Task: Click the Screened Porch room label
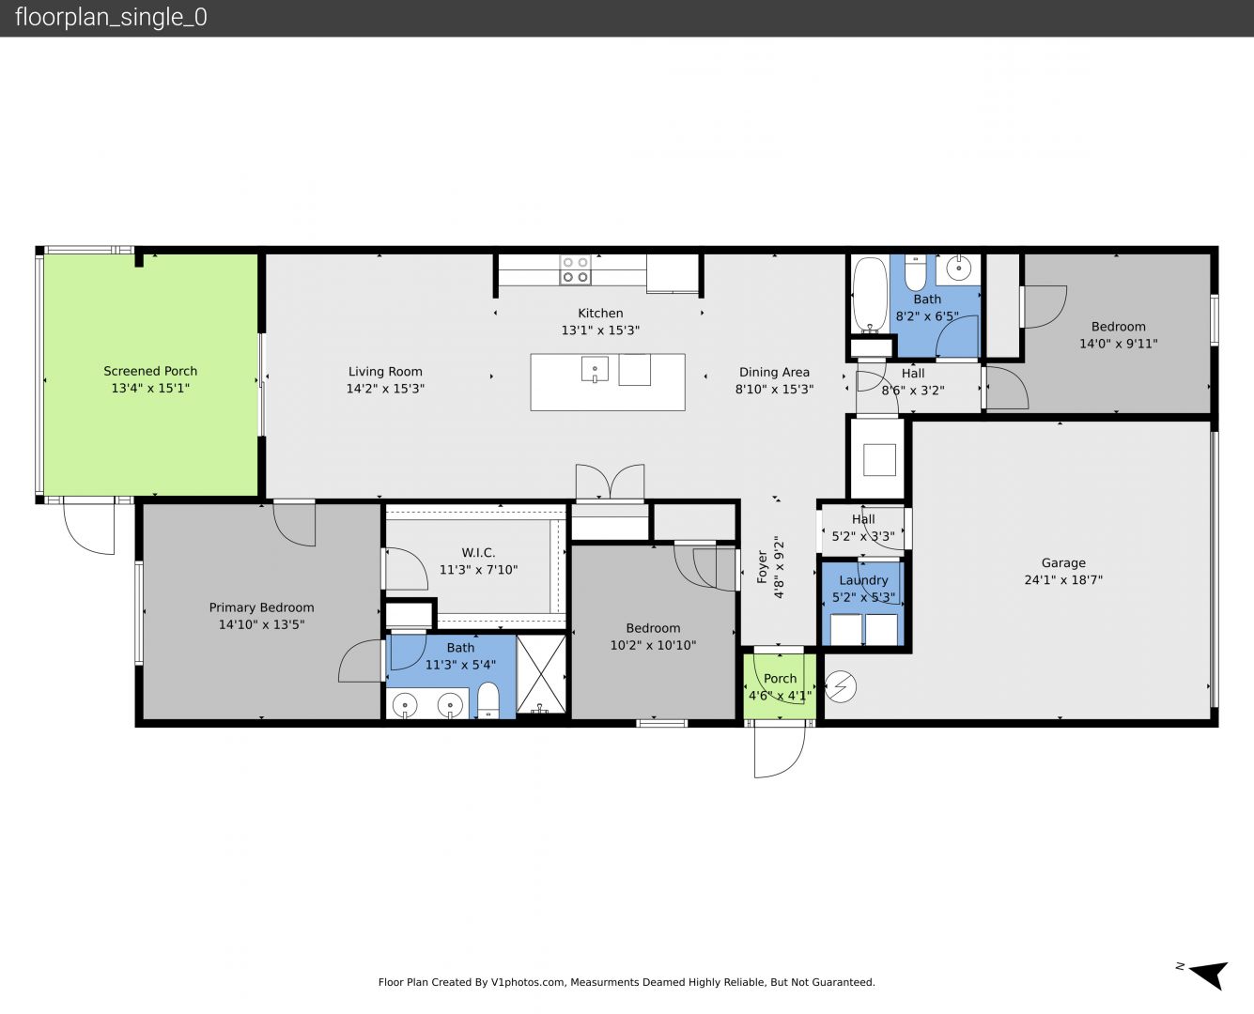coord(150,372)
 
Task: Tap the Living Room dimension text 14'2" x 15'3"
coord(385,389)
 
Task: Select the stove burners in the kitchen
coord(575,269)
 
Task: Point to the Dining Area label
coord(774,372)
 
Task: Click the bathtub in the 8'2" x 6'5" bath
coord(870,293)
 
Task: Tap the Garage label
coord(1063,563)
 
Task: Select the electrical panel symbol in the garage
coord(840,686)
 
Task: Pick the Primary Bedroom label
coord(261,607)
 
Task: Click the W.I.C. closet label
coord(478,553)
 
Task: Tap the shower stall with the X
coord(541,674)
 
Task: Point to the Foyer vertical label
coord(763,567)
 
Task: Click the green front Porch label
coord(780,679)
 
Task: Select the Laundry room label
coord(863,580)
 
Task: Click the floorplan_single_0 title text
coord(111,18)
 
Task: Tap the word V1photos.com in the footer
coord(529,982)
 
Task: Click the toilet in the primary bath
coord(488,700)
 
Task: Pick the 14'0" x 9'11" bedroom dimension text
coord(1118,344)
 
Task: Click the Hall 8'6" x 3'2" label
coord(912,381)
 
